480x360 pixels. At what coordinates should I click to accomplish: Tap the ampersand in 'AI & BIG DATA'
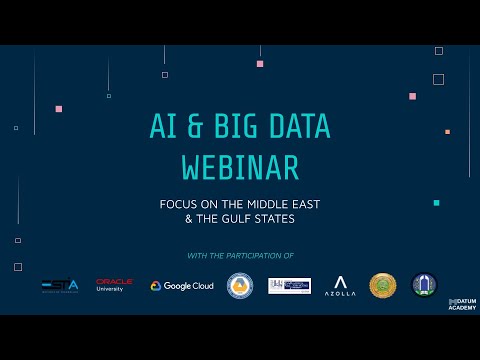pyautogui.click(x=198, y=126)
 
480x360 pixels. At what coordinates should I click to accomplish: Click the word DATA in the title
pyautogui.click(x=297, y=126)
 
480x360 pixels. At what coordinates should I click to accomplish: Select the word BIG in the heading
pyautogui.click(x=241, y=126)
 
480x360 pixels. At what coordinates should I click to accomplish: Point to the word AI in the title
pyautogui.click(x=163, y=126)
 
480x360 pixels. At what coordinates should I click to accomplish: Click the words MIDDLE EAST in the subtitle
pyautogui.click(x=282, y=203)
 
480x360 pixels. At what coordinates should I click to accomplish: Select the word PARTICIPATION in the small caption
pyautogui.click(x=261, y=256)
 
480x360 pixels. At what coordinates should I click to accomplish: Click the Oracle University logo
pyautogui.click(x=115, y=286)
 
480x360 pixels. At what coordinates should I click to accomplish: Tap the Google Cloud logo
pyautogui.click(x=182, y=286)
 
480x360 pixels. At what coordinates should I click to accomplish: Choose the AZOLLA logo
pyautogui.click(x=341, y=286)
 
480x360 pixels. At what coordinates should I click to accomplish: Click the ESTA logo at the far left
pyautogui.click(x=60, y=286)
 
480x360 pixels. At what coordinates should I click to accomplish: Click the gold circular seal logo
pyautogui.click(x=383, y=286)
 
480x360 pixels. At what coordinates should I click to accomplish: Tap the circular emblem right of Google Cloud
pyautogui.click(x=239, y=286)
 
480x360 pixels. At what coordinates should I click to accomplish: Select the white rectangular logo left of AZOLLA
pyautogui.click(x=289, y=286)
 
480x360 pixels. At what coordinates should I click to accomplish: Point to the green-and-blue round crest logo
pyautogui.click(x=425, y=286)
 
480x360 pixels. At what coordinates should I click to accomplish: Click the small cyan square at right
pyautogui.click(x=436, y=203)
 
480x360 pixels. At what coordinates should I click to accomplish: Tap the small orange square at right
pyautogui.click(x=447, y=131)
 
